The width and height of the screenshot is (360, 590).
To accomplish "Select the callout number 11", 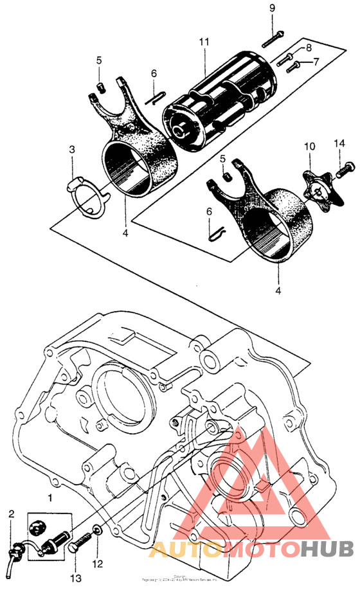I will [x=204, y=42].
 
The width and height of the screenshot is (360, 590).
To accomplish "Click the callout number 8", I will [x=308, y=48].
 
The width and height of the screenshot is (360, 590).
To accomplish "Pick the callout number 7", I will [x=316, y=62].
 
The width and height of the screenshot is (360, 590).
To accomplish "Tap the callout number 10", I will [x=309, y=147].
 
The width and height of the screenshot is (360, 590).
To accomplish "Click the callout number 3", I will [x=73, y=150].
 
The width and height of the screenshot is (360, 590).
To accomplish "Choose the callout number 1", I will [x=50, y=497].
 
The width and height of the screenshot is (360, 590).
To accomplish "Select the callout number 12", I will [x=97, y=564].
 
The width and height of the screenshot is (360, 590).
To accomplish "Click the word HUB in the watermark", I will [x=327, y=550].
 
